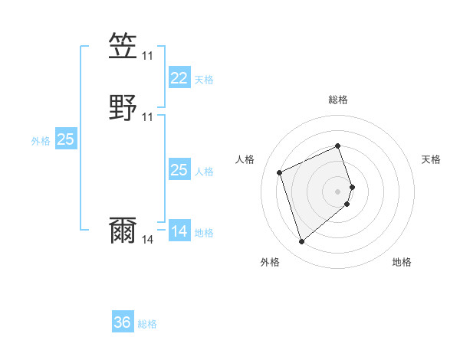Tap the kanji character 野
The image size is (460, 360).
coord(123,108)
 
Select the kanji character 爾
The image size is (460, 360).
coord(123,231)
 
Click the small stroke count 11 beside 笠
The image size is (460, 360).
coord(148,56)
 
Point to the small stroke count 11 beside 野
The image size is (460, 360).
coord(148,116)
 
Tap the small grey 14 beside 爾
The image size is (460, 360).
coord(148,240)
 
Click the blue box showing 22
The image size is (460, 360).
coord(179,78)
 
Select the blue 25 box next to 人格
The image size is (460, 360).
coord(179,170)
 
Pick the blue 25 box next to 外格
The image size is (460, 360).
coord(66,139)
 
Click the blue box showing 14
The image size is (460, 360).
coord(179,231)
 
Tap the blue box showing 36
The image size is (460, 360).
coord(123,322)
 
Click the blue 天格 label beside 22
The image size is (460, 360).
coord(205,80)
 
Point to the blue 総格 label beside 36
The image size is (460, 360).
coord(148,324)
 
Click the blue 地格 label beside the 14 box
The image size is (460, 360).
coord(205,233)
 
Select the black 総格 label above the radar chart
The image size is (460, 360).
coord(338,100)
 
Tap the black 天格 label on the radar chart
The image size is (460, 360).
coord(431,159)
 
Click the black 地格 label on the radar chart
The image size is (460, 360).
coord(402,262)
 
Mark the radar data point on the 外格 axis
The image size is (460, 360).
coord(302,242)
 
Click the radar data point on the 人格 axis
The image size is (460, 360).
coord(281,172)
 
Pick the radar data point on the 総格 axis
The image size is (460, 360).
coord(338,146)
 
